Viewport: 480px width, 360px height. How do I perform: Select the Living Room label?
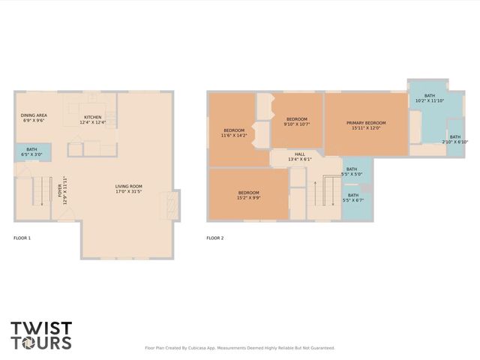tap(129, 189)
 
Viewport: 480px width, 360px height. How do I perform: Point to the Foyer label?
tap(64, 190)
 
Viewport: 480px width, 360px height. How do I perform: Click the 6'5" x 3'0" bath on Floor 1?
tap(31, 152)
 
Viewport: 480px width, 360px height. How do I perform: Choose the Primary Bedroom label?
tap(366, 125)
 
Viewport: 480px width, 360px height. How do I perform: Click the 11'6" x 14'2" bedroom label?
tap(235, 133)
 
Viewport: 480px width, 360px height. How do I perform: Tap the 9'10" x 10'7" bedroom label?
tap(296, 122)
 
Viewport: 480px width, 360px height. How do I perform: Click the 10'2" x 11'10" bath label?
tap(430, 98)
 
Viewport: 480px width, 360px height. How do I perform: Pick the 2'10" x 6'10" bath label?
tap(455, 139)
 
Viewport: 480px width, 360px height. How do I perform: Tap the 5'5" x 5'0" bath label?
tap(352, 172)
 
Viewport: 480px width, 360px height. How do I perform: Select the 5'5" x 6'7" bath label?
tap(352, 198)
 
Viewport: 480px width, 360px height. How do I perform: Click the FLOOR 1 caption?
tap(22, 238)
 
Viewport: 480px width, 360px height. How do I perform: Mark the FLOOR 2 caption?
tap(215, 238)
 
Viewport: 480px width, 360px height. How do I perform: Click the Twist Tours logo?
tap(41, 335)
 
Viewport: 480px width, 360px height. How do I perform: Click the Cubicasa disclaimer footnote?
tap(239, 348)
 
